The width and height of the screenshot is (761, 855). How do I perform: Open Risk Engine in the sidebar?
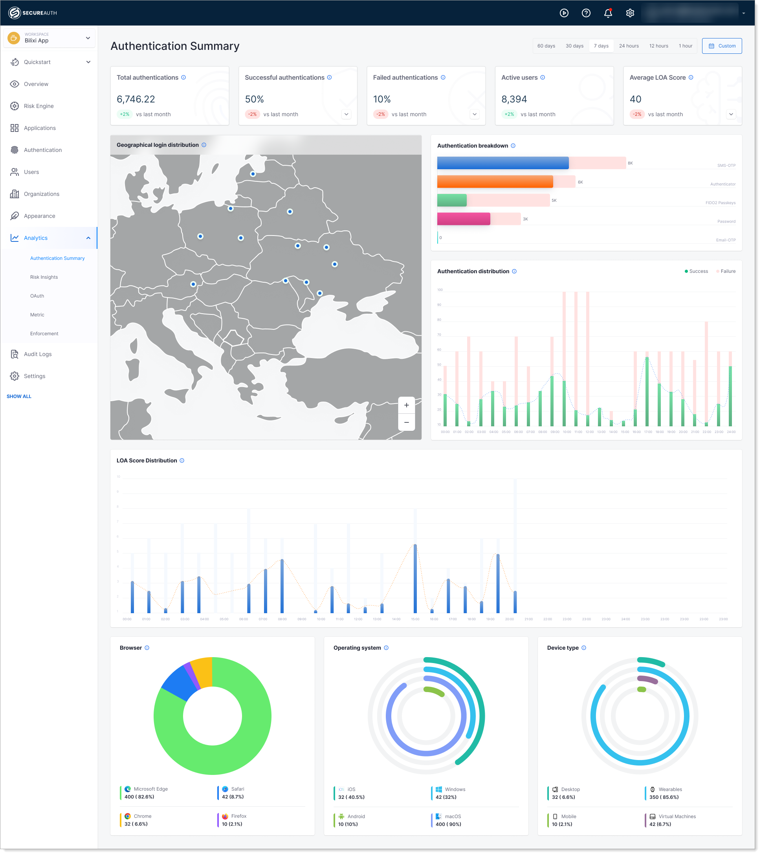click(x=39, y=106)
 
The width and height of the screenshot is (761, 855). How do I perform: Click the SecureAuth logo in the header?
click(x=33, y=13)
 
